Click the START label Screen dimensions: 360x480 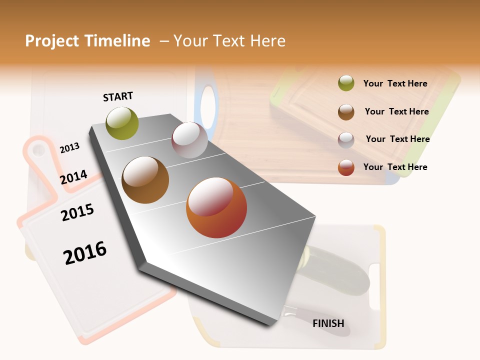click(118, 96)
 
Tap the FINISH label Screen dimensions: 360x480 click(328, 323)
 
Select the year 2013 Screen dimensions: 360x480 click(69, 147)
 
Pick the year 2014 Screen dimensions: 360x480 click(73, 177)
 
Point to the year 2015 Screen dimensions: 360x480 click(77, 212)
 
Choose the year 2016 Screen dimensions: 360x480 click(85, 252)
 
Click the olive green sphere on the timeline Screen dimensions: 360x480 click(122, 123)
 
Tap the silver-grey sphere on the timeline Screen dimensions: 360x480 click(189, 140)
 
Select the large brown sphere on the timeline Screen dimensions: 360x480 click(145, 180)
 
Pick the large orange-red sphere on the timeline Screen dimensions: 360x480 click(216, 207)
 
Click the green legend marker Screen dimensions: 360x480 click(346, 83)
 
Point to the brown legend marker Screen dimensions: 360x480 click(346, 111)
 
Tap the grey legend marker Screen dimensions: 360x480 click(346, 139)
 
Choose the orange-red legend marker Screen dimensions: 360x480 click(346, 167)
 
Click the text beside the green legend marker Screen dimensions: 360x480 click(395, 83)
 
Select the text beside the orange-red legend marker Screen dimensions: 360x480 click(395, 167)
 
